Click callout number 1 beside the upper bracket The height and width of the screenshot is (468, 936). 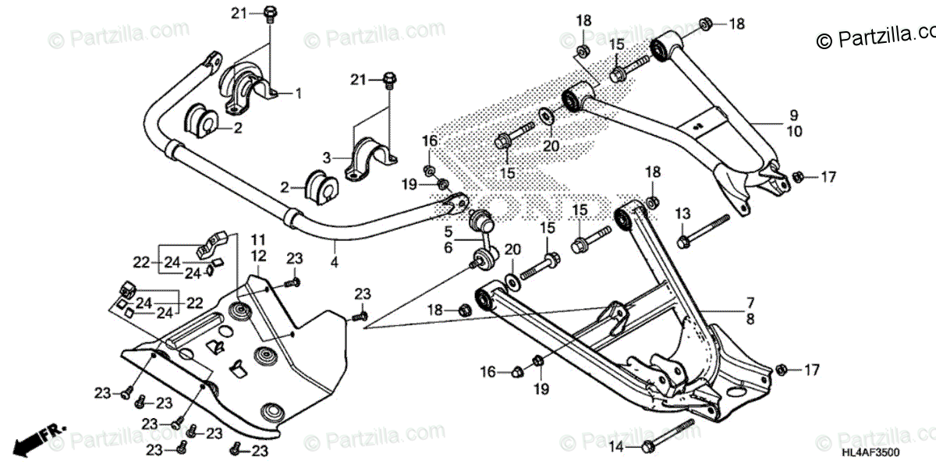click(298, 93)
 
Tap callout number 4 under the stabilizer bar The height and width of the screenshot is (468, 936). click(334, 263)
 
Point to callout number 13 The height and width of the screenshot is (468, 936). click(682, 213)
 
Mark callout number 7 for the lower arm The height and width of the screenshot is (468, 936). click(750, 301)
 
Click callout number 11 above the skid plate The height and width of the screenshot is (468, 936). click(258, 238)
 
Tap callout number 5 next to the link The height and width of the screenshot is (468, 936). click(448, 231)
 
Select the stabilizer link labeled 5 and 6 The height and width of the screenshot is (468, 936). click(482, 239)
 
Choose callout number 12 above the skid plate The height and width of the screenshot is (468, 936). click(258, 256)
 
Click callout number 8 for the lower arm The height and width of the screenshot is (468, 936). click(750, 318)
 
